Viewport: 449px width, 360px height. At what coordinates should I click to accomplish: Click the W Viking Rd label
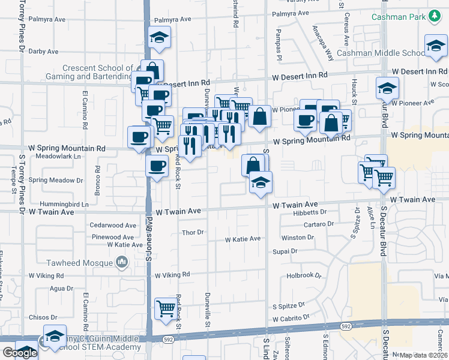click(172, 275)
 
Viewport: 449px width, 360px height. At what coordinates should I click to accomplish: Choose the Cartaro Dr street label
click(319, 224)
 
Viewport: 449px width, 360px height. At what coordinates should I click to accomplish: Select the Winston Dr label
click(298, 238)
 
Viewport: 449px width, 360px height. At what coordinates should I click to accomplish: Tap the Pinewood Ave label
click(113, 238)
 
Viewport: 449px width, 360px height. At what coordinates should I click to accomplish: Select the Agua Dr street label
click(61, 289)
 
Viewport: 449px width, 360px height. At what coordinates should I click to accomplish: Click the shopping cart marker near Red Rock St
click(166, 308)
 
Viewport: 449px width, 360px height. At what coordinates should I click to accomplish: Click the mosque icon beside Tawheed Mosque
click(122, 262)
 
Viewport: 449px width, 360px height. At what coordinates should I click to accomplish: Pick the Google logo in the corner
click(19, 353)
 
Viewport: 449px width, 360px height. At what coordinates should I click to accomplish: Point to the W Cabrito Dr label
click(291, 318)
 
